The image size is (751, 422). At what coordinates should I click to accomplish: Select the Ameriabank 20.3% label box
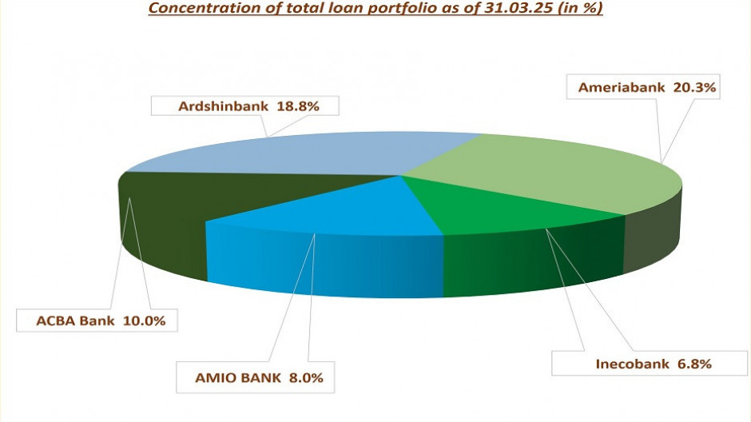644,87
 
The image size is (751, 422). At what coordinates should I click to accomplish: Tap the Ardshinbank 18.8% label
247,105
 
